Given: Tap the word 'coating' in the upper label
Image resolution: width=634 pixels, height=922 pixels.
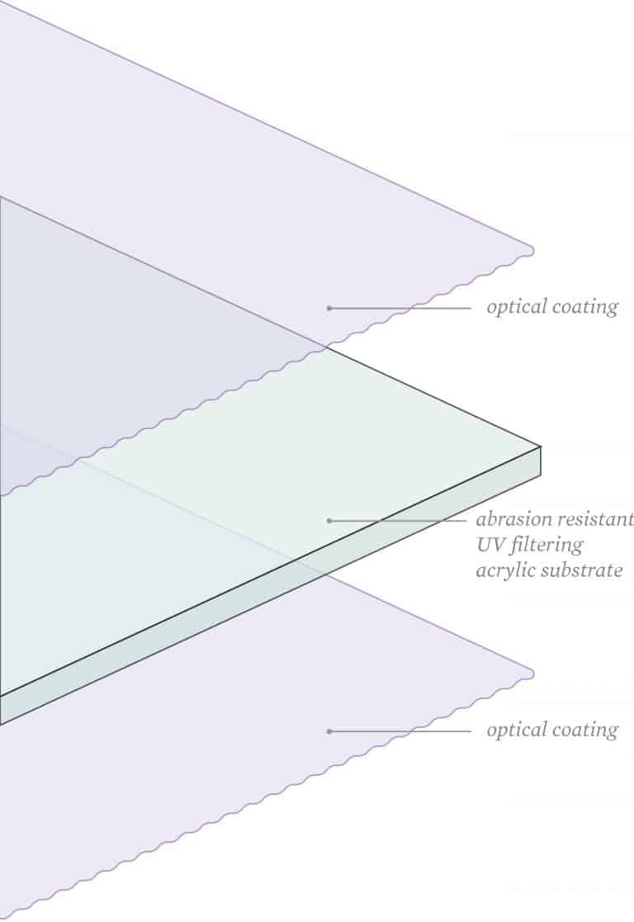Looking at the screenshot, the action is tap(584, 307).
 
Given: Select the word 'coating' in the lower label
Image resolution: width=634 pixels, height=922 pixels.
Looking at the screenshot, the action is tap(584, 731).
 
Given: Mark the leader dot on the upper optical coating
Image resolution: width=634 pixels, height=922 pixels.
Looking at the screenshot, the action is tap(329, 308).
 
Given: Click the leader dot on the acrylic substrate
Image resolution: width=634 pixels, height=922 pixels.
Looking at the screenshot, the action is tap(329, 520).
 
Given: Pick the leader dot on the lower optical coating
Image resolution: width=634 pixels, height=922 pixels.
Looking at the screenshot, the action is tap(329, 731).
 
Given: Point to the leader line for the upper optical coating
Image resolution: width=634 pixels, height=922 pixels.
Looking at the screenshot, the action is tap(400, 308).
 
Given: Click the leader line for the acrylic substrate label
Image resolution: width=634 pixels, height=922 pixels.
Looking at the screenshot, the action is tap(399, 520).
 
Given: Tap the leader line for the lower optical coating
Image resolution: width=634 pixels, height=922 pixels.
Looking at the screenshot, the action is tap(400, 731).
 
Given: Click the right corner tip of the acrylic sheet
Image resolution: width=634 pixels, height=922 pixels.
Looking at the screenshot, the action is tap(541, 447).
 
